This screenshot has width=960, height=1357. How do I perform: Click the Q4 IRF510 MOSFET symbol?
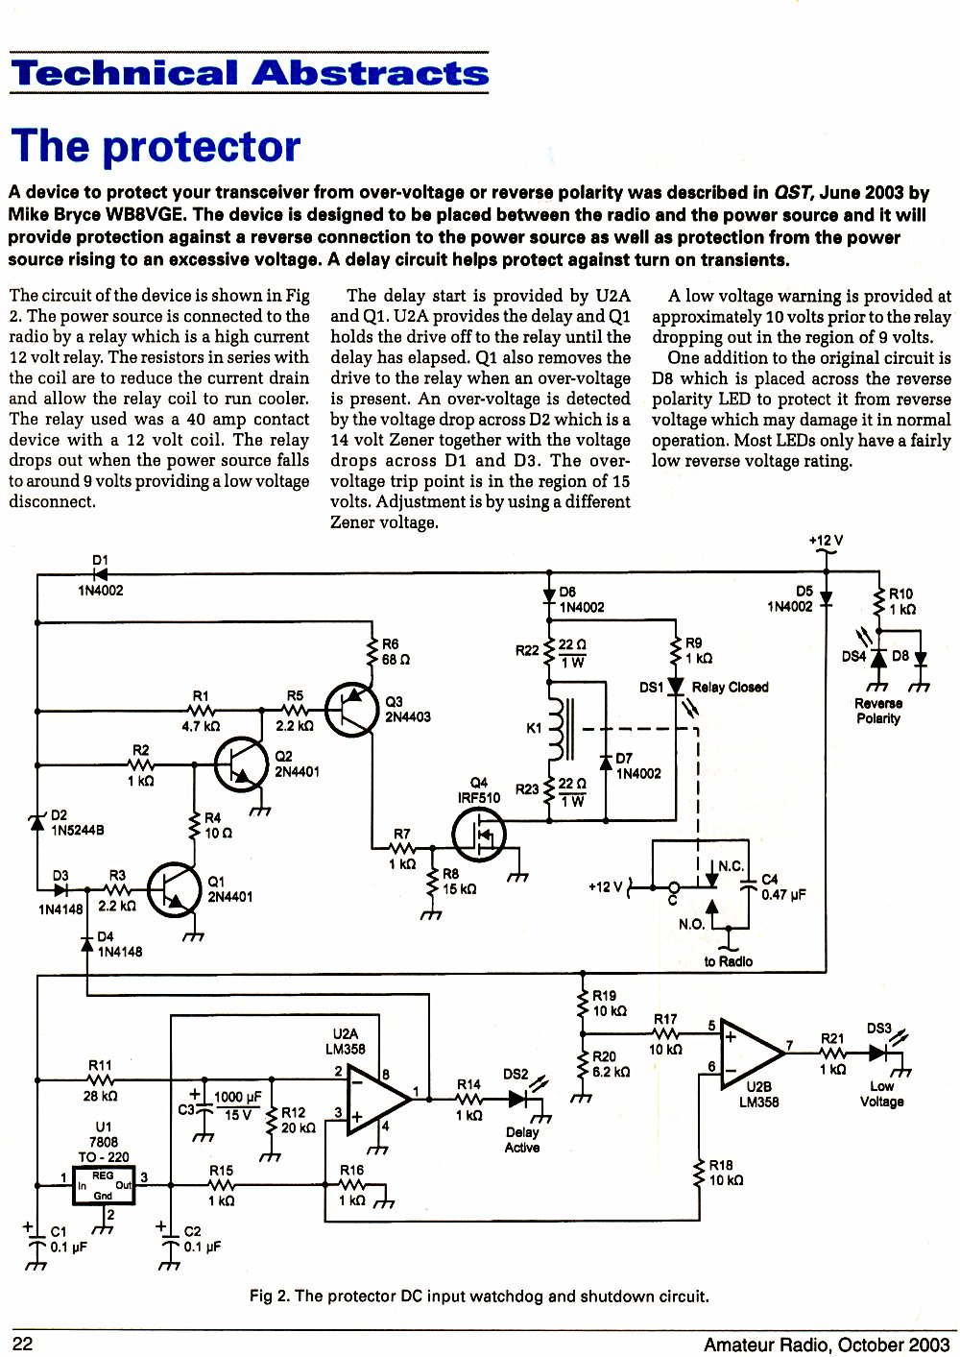(479, 836)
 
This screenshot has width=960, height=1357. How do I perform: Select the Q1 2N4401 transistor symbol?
(174, 890)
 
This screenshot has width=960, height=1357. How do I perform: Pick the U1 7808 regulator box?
(104, 1184)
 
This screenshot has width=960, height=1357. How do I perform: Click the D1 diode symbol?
(100, 573)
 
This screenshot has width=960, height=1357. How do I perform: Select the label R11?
(100, 1066)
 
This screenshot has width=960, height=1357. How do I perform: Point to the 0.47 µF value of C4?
(783, 895)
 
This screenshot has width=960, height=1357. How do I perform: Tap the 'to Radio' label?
(728, 961)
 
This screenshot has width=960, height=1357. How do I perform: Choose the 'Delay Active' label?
(521, 1140)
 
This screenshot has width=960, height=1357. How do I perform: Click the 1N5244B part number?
(78, 830)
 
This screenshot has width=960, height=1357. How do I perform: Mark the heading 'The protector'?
(156, 145)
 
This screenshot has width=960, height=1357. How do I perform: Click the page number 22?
(22, 1344)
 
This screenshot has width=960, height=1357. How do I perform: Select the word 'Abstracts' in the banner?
(370, 73)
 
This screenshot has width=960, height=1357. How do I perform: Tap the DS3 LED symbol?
(878, 1053)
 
